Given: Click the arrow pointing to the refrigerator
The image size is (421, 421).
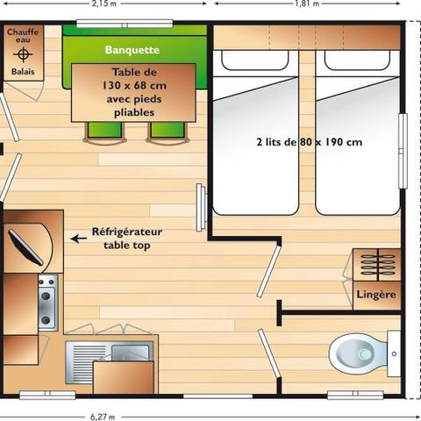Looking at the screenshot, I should pyautogui.click(x=78, y=238).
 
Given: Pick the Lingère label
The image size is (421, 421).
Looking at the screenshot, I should pyautogui.click(x=375, y=294).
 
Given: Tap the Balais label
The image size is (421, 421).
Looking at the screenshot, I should pyautogui.click(x=22, y=72).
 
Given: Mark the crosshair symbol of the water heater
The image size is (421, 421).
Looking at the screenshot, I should pyautogui.click(x=22, y=54).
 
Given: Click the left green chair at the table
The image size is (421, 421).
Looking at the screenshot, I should pyautogui.click(x=98, y=132).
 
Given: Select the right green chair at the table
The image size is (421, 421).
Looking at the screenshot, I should pyautogui.click(x=164, y=132).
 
